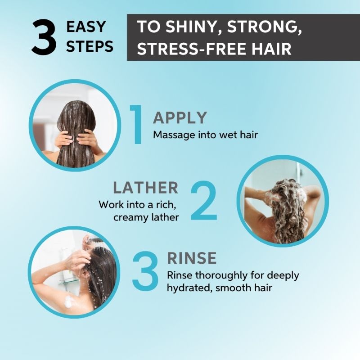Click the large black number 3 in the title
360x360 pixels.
pos(44,37)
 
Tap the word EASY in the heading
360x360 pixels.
pos(86,27)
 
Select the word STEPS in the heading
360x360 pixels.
pos(90,46)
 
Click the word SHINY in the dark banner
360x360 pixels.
pos(191,27)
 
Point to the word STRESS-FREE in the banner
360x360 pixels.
pos(186,49)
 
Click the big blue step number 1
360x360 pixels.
pos(137,125)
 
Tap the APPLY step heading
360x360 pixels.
pos(180,118)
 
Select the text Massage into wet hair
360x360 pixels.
pos(206,135)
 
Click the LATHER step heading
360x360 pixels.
pos(145,188)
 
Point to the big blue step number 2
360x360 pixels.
pos(203,201)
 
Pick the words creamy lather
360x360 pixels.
pos(146,217)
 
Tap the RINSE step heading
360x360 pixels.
pos(192,258)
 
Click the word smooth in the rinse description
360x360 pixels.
pos(232,288)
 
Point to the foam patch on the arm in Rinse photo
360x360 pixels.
pos(69,301)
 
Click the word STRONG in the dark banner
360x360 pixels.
pos(261,27)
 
